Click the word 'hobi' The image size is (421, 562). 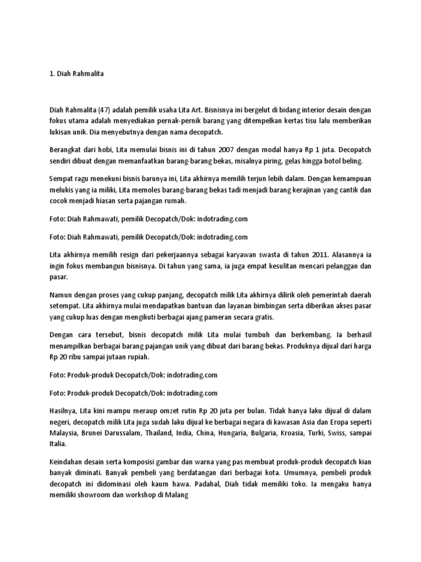click(x=112, y=149)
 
